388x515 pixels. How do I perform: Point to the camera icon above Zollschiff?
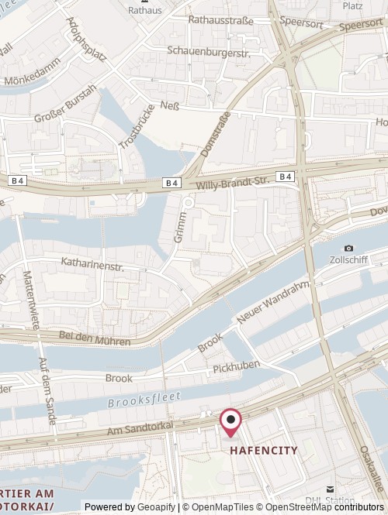click(348, 248)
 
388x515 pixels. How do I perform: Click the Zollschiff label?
click(348, 260)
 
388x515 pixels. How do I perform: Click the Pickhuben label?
click(236, 364)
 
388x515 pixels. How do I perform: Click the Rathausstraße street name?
click(221, 20)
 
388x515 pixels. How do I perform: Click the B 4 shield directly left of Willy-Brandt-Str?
click(172, 182)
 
